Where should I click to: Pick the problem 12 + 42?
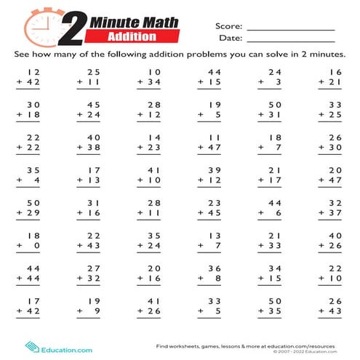click(x=29, y=77)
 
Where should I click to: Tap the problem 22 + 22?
click(x=29, y=143)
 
